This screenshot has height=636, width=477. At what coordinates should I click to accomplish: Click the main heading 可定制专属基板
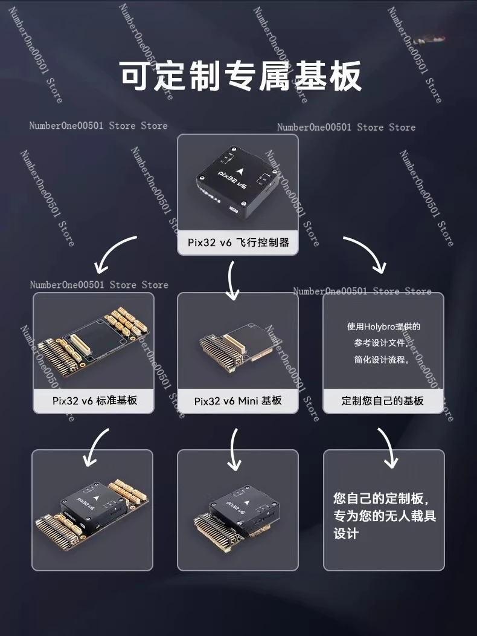pyautogui.click(x=241, y=76)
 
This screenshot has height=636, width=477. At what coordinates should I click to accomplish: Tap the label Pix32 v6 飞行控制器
pyautogui.click(x=238, y=242)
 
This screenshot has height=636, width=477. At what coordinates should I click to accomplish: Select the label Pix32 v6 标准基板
pyautogui.click(x=95, y=401)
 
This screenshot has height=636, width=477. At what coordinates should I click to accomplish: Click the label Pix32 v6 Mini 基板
pyautogui.click(x=238, y=401)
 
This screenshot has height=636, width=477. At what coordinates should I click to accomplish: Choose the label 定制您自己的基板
pyautogui.click(x=383, y=401)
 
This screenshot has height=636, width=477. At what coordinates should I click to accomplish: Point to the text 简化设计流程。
pyautogui.click(x=382, y=359)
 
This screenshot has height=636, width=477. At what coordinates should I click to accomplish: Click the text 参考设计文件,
pyautogui.click(x=381, y=343)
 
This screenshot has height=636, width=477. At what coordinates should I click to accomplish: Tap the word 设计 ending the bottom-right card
pyautogui.click(x=346, y=534)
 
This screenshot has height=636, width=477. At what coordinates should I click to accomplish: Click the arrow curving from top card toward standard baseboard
pyautogui.click(x=109, y=250)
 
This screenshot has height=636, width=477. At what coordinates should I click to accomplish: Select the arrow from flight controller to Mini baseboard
pyautogui.click(x=231, y=280)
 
